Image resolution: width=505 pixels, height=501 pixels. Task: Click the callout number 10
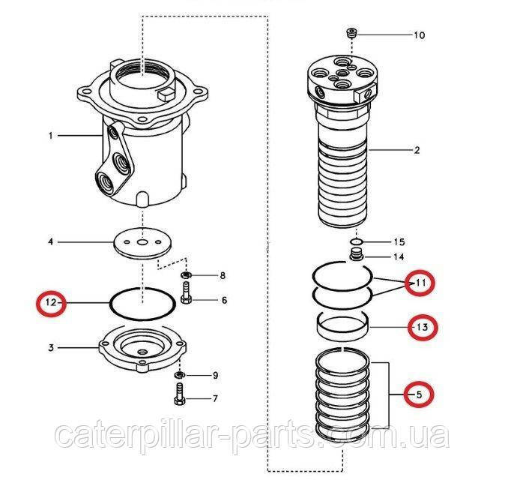[x=420, y=34]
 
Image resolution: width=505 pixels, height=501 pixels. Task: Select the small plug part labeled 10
[x=351, y=33]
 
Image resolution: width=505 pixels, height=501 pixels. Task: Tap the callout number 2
[x=417, y=150]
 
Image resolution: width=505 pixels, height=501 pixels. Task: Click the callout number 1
[x=50, y=136]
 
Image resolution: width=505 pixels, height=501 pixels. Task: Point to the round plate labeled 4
[x=142, y=244]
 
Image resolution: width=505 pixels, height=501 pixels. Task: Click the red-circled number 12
[x=51, y=303]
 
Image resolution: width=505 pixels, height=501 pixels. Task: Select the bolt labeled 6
[x=187, y=292]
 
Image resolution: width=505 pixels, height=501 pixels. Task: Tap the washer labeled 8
[x=187, y=275]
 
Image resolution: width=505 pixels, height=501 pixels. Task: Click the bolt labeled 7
[x=180, y=393]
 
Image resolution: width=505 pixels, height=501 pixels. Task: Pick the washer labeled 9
[x=180, y=375]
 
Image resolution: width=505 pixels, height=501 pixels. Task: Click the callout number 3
[x=51, y=348]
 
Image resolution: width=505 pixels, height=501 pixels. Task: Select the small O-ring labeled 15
[x=357, y=241]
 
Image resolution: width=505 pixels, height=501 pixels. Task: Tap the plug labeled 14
[x=357, y=254]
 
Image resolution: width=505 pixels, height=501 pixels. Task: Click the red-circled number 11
[x=420, y=283]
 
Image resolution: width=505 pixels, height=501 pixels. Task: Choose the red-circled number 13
[x=423, y=327]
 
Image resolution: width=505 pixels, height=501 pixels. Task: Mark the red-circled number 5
[x=419, y=394]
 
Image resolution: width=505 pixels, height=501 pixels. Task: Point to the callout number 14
[x=399, y=257]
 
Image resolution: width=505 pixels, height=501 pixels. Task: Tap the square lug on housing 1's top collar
[x=166, y=94]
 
